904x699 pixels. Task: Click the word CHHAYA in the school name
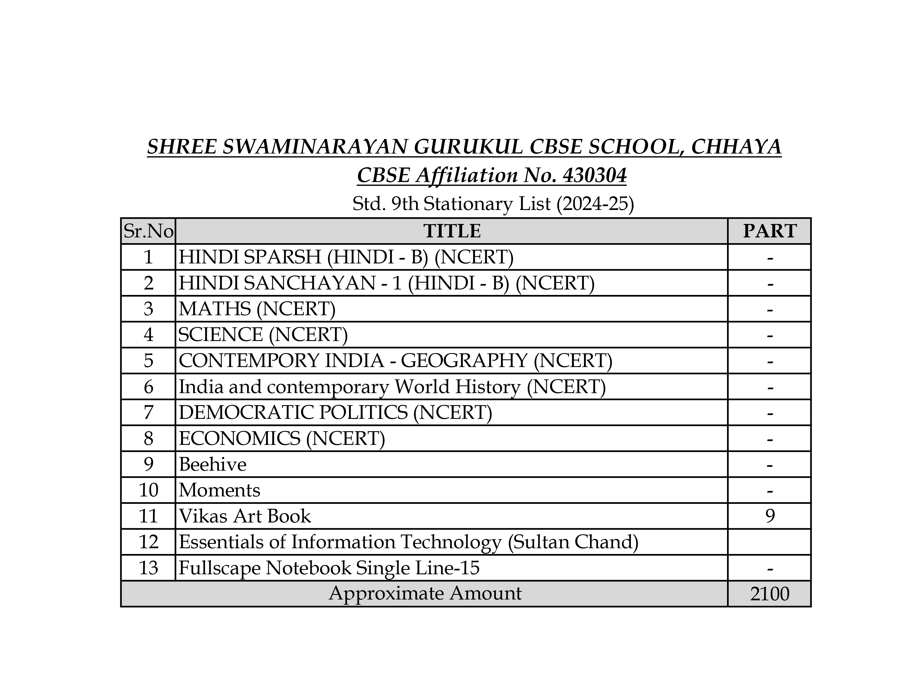point(736,147)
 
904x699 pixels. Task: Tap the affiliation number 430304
point(594,175)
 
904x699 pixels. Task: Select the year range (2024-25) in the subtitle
point(595,204)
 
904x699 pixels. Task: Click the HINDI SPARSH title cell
point(346,257)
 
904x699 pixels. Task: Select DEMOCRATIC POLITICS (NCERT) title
point(335,413)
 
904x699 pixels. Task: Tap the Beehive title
point(212,464)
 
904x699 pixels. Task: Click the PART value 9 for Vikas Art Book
point(769,516)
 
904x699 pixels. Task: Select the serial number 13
point(148,568)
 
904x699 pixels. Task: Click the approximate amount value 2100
point(769,594)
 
